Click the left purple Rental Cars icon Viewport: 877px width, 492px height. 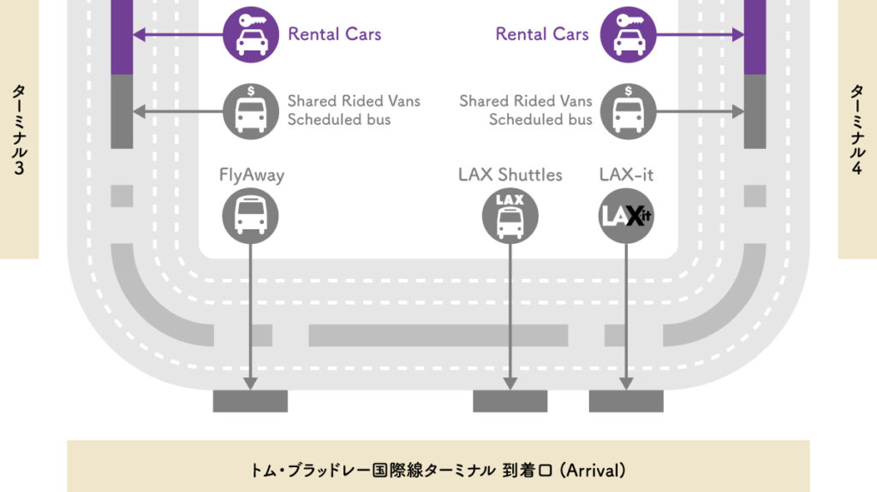coord(250,35)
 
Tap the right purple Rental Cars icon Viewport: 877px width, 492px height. coord(628,35)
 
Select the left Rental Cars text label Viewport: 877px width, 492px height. coord(334,34)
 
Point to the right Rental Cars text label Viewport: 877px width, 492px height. coord(542,34)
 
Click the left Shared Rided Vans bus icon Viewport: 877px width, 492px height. coord(250,110)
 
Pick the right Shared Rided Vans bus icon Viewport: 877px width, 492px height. coord(628,110)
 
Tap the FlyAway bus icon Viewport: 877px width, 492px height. coord(250,213)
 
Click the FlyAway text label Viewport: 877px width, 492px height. coord(251,175)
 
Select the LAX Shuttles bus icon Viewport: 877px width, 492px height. coord(510,213)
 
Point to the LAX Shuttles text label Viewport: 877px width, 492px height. coord(510,175)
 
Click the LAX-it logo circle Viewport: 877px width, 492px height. coord(626,213)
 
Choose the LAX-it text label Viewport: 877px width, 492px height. coord(626,175)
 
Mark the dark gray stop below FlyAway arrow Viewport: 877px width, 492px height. coord(250,400)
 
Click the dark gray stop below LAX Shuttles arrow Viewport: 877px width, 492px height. coord(510,400)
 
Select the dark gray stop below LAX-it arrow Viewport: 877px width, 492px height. coord(626,400)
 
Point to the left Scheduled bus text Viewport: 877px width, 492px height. coord(338,120)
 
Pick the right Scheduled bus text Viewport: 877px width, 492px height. coord(540,120)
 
